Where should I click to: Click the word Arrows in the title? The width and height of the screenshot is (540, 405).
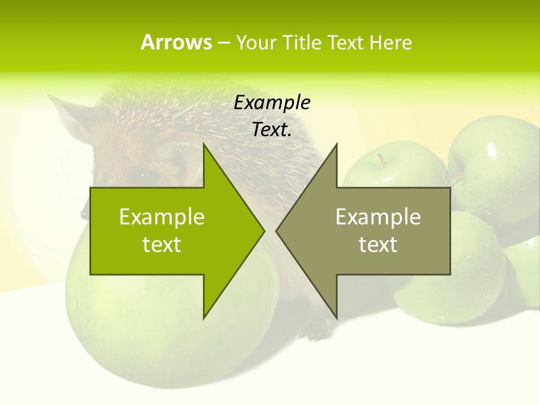pyautogui.click(x=176, y=42)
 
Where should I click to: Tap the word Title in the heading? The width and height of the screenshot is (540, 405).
pyautogui.click(x=304, y=42)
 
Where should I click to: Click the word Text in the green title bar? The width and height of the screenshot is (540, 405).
pyautogui.click(x=346, y=42)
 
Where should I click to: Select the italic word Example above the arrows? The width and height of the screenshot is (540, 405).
pyautogui.click(x=272, y=102)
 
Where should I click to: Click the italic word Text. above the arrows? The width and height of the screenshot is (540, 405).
pyautogui.click(x=271, y=130)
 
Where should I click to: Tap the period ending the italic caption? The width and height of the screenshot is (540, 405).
pyautogui.click(x=290, y=136)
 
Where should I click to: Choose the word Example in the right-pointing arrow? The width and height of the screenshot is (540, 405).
pyautogui.click(x=162, y=217)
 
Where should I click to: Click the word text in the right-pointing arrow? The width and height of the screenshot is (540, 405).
pyautogui.click(x=162, y=245)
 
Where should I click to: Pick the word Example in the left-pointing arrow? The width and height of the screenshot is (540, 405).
pyautogui.click(x=378, y=217)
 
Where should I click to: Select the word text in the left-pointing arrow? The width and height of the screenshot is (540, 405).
pyautogui.click(x=378, y=245)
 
